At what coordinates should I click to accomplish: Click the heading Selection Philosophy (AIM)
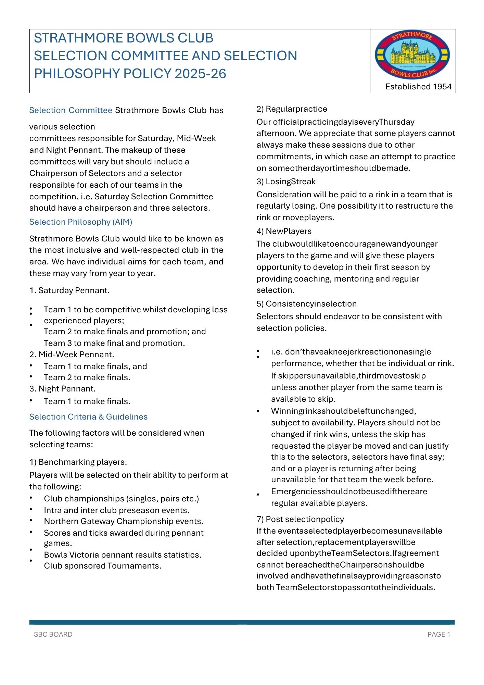81,222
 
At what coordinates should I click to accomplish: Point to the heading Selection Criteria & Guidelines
88,417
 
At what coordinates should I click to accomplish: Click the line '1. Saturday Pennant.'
69,290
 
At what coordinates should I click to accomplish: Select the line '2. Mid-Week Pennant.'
72,354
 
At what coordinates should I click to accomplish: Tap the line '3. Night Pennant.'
63,389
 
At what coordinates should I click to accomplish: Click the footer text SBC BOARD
53,635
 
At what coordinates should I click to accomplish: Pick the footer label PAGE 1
438,635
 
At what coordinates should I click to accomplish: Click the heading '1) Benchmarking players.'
78,462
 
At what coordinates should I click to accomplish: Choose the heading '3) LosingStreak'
286,182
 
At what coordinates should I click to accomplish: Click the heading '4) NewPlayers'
284,231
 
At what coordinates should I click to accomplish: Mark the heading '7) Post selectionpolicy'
300,519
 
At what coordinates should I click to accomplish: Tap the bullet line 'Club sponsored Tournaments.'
103,566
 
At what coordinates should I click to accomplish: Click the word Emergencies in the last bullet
296,491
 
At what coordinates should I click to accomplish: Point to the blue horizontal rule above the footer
242,622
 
